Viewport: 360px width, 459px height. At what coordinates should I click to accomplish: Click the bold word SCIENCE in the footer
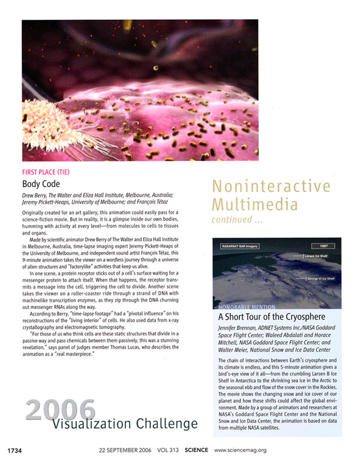point(197,449)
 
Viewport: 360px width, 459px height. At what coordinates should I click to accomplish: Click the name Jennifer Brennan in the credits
point(239,329)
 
